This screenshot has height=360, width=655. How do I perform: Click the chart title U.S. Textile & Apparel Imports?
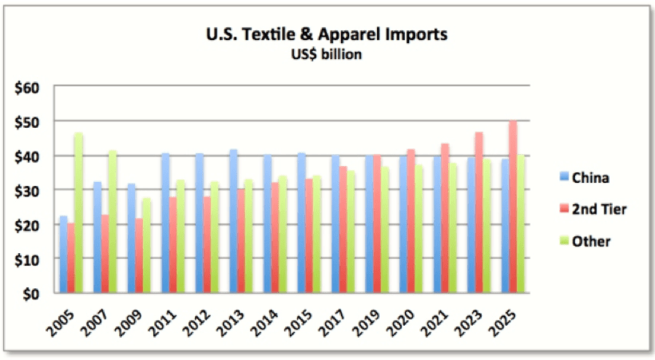[326, 35]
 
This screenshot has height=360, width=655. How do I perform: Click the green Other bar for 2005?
[79, 213]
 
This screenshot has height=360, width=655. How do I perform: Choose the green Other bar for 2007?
[113, 222]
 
